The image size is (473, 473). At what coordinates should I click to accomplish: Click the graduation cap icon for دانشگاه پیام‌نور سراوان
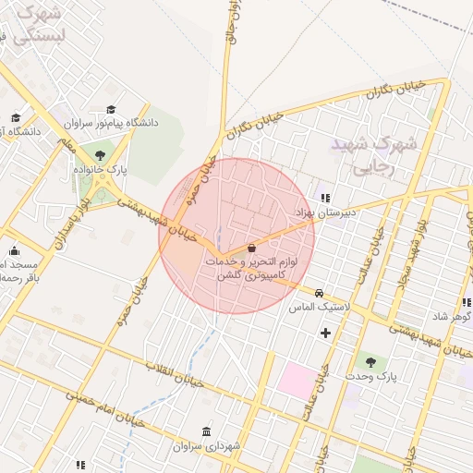point(113,110)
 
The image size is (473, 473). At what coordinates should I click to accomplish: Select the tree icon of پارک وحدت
point(370,362)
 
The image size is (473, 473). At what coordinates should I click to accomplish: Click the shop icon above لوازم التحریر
point(252,248)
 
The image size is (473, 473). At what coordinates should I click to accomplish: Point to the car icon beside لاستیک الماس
point(319,293)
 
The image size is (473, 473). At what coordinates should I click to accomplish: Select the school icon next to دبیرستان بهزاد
point(324,197)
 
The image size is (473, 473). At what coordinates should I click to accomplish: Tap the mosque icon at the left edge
point(14,250)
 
